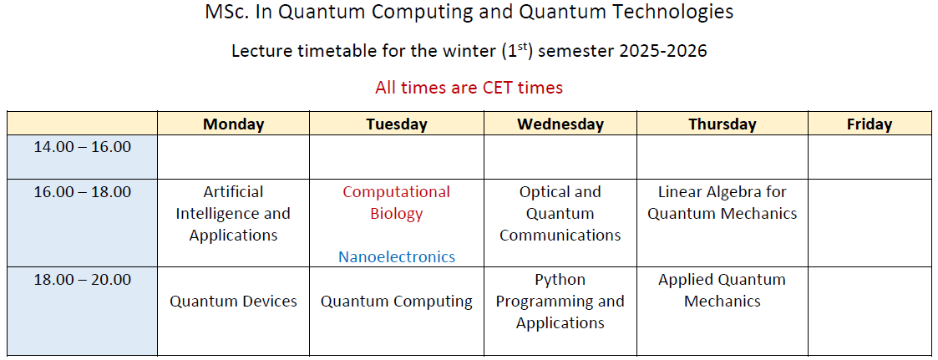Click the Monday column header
(233, 124)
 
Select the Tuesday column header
(397, 124)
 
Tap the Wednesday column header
(560, 124)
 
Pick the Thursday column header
(722, 124)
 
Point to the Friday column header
(870, 124)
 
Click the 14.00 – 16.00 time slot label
(83, 146)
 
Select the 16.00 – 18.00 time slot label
(83, 192)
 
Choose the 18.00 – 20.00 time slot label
(83, 279)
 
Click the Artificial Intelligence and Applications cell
(233, 214)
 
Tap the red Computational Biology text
(397, 203)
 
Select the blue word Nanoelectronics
(397, 257)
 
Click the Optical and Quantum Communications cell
(560, 214)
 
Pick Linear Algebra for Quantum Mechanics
(722, 203)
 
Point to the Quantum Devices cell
(233, 302)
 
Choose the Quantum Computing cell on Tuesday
(397, 302)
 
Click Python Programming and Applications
(560, 302)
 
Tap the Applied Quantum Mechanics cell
(722, 290)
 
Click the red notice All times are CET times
(469, 88)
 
